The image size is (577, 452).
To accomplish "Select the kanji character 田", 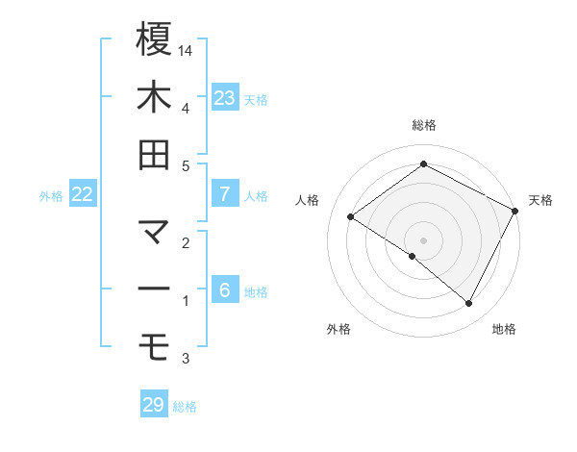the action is (154, 155).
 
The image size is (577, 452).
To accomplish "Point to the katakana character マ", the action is (154, 231).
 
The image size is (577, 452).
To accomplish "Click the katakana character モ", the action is (154, 343).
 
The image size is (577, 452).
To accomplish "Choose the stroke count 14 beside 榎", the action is (187, 50).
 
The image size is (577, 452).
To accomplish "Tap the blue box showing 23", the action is (225, 97).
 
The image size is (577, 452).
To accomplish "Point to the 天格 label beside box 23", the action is (256, 99).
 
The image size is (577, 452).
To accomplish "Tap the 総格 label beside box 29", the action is (185, 407).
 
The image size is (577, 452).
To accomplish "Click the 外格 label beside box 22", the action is (51, 196).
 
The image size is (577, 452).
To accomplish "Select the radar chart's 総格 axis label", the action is (424, 125).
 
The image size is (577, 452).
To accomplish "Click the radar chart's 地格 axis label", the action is (504, 330).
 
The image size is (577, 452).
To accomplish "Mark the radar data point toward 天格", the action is (515, 211).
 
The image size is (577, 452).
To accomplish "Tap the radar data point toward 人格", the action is (350, 216).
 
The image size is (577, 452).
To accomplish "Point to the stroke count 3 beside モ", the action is (187, 359).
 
